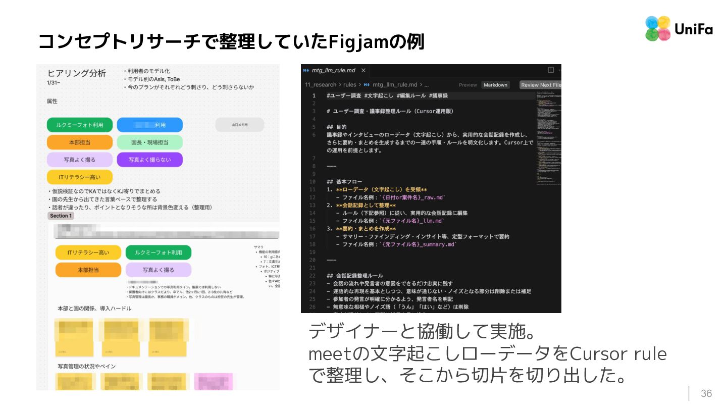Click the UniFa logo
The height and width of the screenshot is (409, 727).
tap(678, 29)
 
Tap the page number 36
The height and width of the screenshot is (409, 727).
tap(706, 394)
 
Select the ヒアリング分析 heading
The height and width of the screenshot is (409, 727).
tap(77, 73)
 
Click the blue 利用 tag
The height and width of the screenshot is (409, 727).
tap(150, 125)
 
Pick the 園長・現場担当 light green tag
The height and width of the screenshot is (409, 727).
tap(150, 142)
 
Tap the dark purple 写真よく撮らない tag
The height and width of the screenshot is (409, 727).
tap(150, 160)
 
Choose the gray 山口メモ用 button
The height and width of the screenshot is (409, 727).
tap(239, 125)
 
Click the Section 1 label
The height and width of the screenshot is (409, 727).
tap(61, 216)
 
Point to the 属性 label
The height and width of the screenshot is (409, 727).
tap(53, 101)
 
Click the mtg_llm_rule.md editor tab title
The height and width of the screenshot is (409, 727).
tap(333, 70)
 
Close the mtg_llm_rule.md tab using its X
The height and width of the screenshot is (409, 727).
tap(363, 70)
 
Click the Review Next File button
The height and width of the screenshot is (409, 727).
tap(541, 85)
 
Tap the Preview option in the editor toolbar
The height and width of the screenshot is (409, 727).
tap(468, 85)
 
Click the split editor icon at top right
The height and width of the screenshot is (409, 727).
tap(551, 70)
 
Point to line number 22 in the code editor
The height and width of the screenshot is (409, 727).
tap(313, 276)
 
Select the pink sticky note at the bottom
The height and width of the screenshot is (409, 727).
tap(213, 382)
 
